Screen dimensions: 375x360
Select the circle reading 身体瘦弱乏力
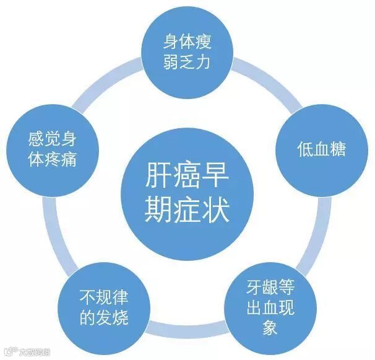tap(188, 53)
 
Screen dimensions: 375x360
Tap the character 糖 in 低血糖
tap(336, 150)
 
